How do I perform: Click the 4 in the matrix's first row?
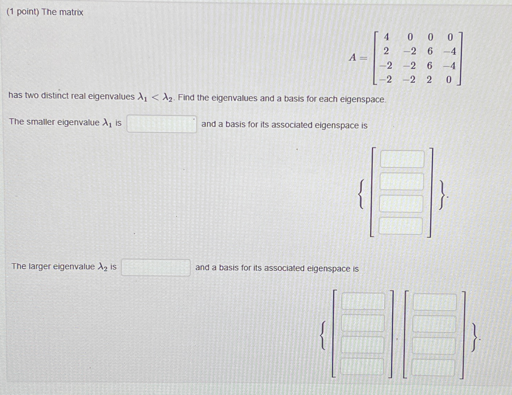pos(386,37)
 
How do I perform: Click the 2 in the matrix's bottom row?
pos(429,80)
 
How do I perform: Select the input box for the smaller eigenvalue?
pos(162,124)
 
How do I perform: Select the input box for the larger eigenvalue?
pos(156,268)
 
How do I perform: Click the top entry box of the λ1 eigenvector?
pos(402,159)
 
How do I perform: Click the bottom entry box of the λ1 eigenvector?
pos(401,226)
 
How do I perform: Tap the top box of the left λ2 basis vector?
pos(363,301)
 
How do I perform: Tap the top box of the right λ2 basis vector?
pos(434,302)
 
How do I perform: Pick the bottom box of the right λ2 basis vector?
pos(433,368)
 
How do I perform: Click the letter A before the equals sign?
pos(353,57)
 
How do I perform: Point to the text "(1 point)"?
pos(23,12)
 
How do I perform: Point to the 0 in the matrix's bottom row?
pos(449,80)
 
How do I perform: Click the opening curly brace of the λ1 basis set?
pos(361,194)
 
